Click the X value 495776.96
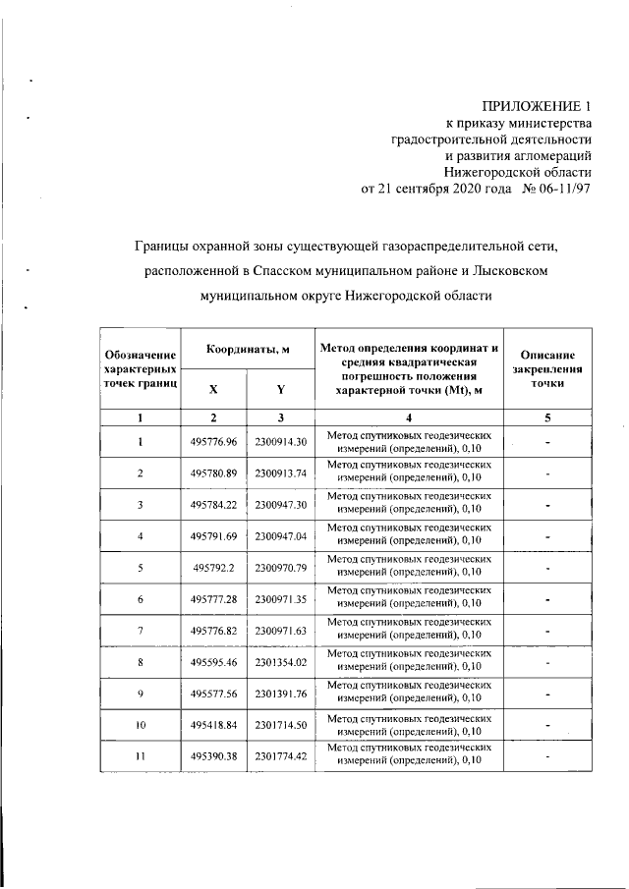coord(213,441)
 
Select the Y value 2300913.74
coord(281,472)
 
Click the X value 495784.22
coord(213,505)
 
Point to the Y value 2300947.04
coord(281,536)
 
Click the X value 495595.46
coord(213,663)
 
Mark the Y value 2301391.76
coord(281,695)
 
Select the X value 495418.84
coord(213,726)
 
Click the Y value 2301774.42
coord(281,757)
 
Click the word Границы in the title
coord(166,240)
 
